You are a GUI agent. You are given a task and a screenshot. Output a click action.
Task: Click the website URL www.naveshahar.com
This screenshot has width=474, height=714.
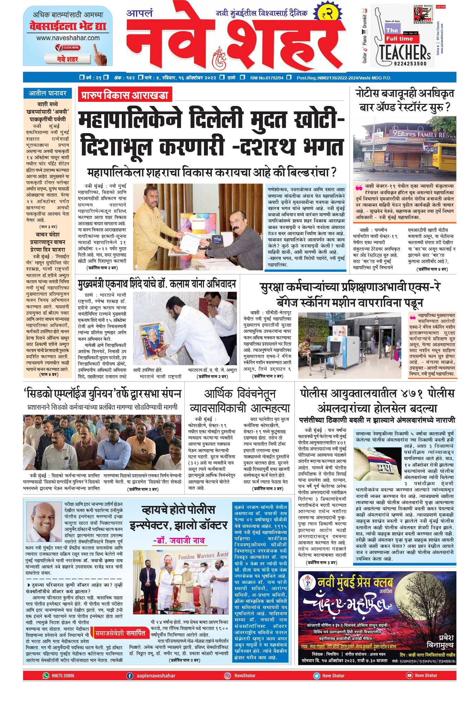coord(68,38)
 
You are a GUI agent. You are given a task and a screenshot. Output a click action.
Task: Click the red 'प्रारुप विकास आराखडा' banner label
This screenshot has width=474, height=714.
coord(125,95)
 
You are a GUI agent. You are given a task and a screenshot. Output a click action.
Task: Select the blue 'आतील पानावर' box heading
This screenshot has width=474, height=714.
coord(47,93)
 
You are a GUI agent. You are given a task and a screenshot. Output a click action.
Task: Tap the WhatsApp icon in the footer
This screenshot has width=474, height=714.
coord(46,675)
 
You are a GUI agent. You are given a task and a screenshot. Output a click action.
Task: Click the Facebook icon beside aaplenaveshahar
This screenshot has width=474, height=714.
coord(130,675)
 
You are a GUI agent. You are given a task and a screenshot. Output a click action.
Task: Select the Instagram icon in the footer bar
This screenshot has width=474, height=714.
coord(227,675)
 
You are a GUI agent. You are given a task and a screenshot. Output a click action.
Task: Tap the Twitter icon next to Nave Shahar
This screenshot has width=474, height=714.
coord(316,675)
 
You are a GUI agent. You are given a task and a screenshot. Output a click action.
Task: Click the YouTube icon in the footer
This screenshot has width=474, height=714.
coord(409,675)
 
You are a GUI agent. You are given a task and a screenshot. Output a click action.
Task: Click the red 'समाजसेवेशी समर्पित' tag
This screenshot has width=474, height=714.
coord(120,633)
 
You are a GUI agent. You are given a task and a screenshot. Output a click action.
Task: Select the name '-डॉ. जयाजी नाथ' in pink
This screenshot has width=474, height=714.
coord(179,540)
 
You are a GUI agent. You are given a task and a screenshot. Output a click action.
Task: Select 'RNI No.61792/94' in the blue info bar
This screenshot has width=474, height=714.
coord(267,78)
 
